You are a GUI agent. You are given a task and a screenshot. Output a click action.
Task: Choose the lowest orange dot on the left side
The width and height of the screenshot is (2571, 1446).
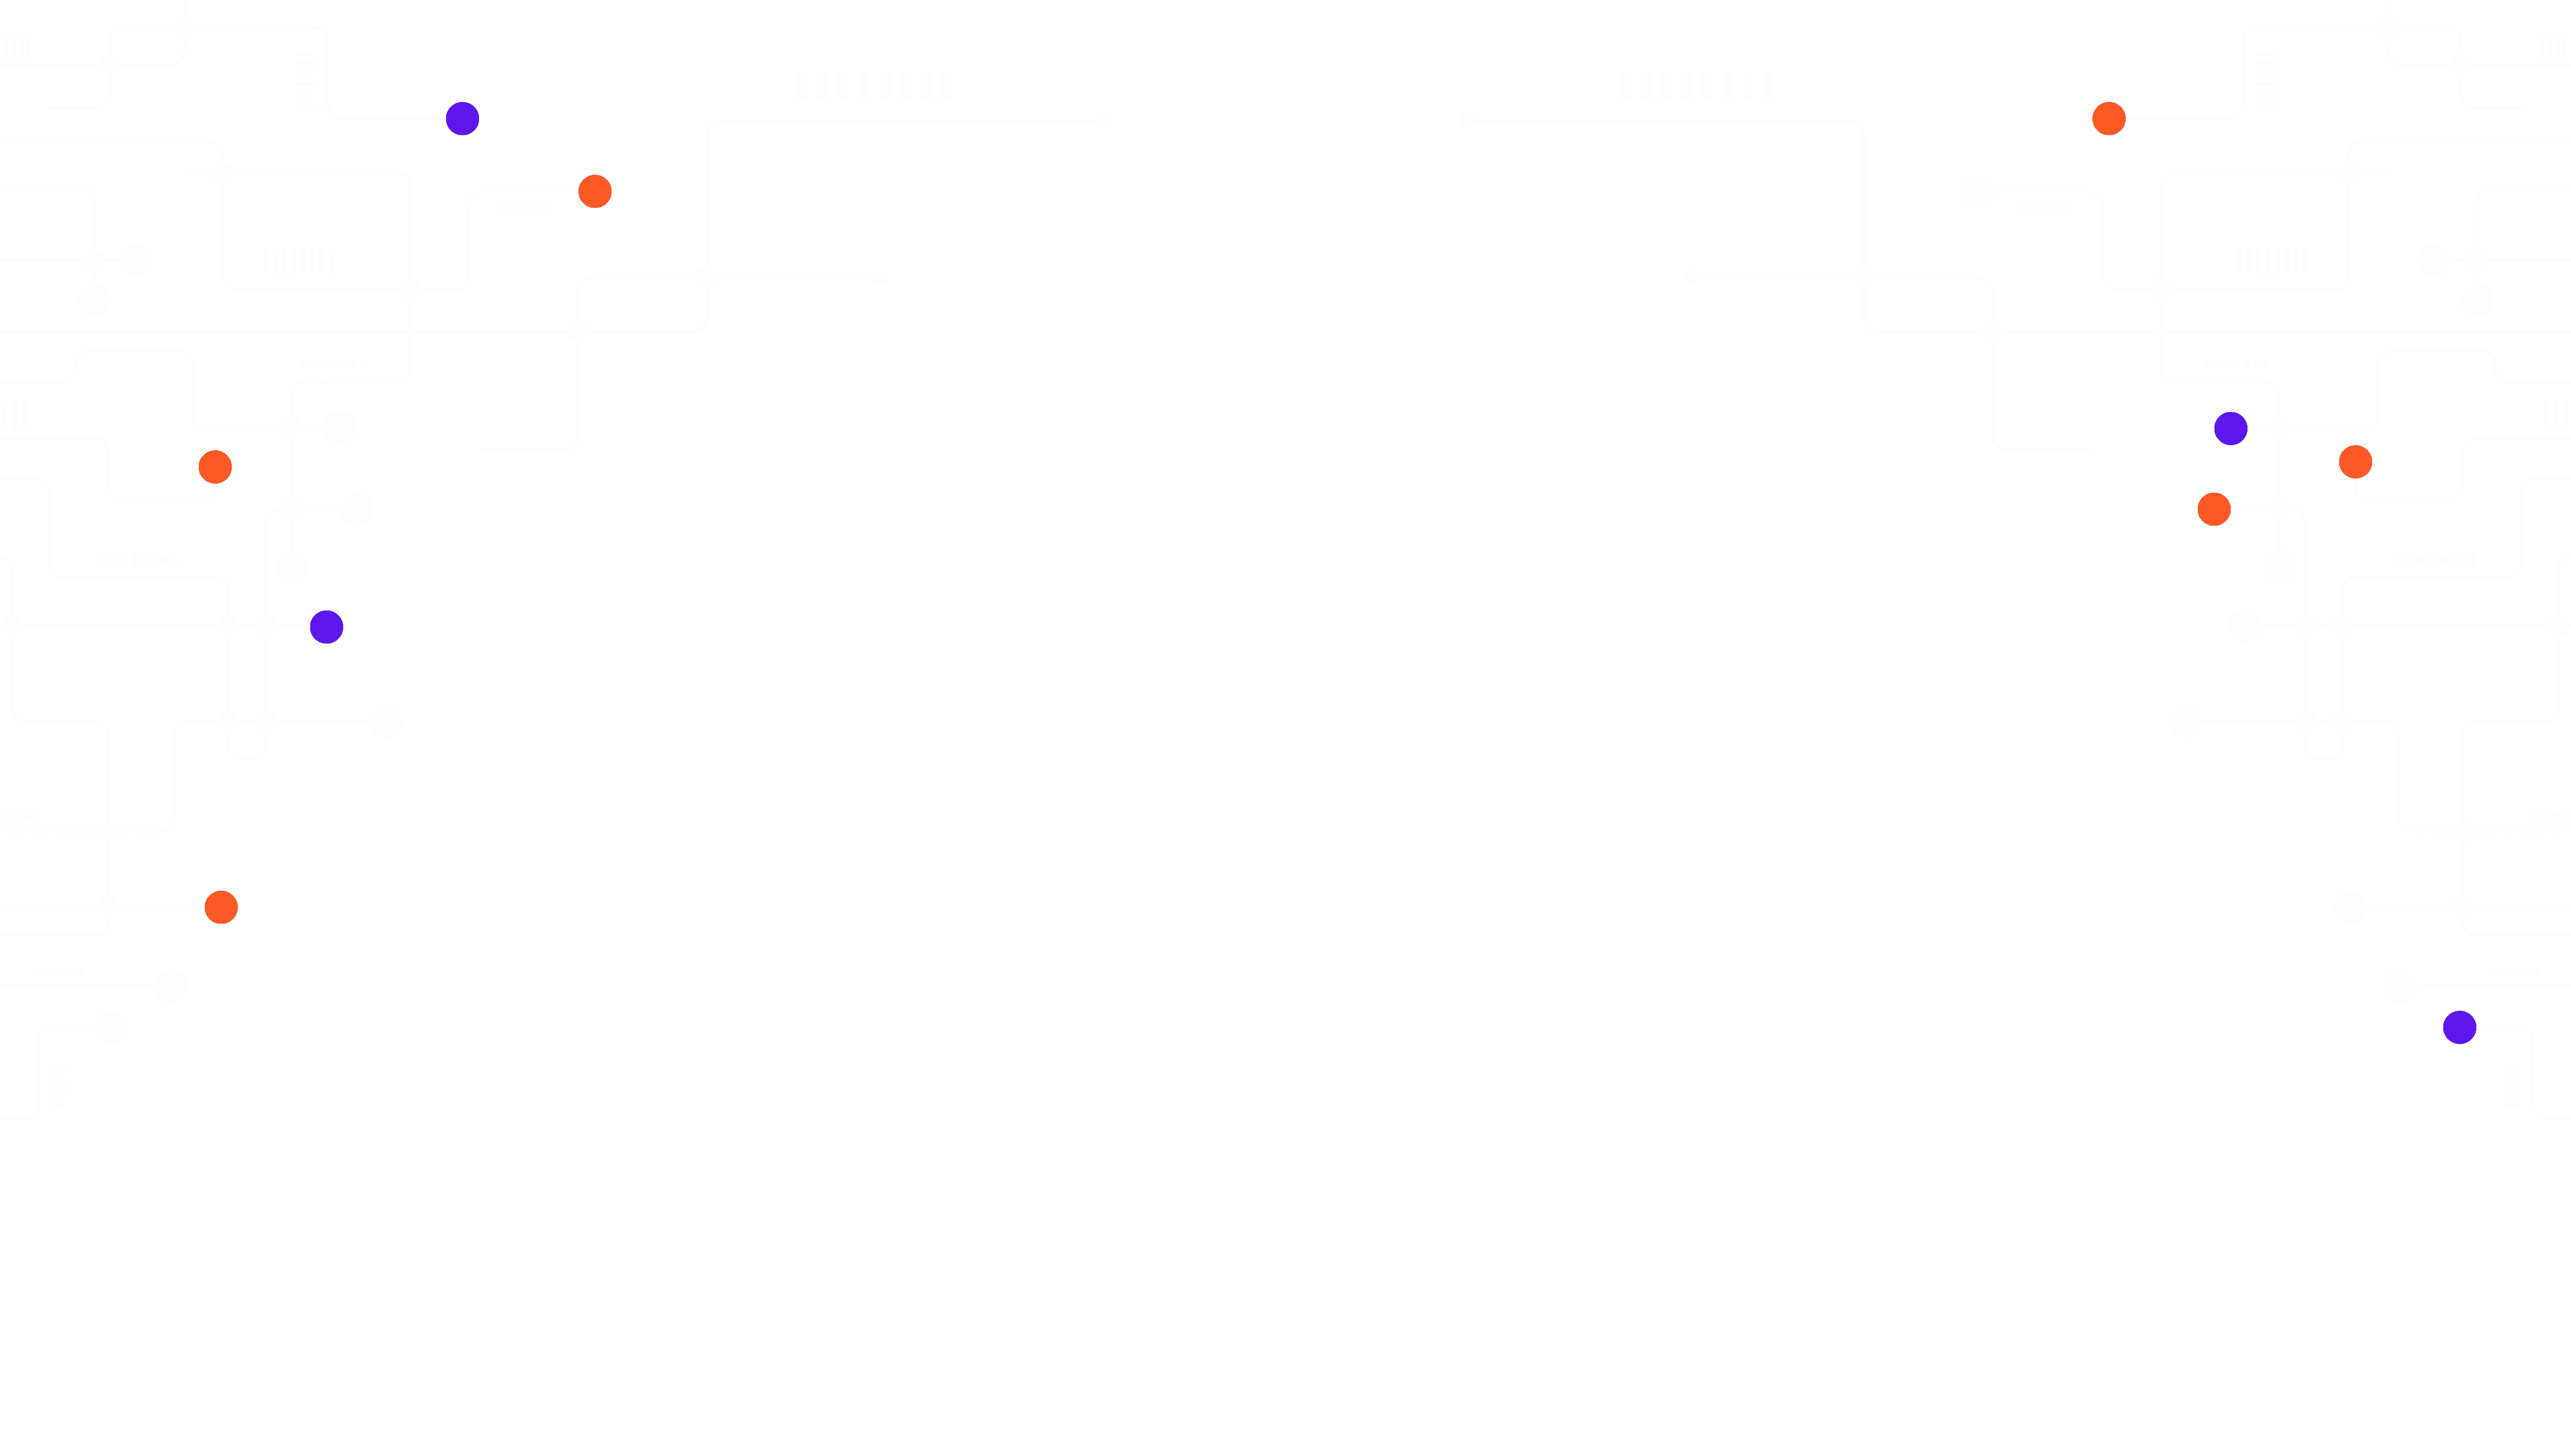coord(221,907)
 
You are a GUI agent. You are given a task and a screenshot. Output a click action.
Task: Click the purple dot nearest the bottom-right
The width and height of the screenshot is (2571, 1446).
coord(2459,1027)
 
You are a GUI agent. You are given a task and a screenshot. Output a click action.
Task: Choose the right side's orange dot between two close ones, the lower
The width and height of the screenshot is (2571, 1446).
coord(2214,509)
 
